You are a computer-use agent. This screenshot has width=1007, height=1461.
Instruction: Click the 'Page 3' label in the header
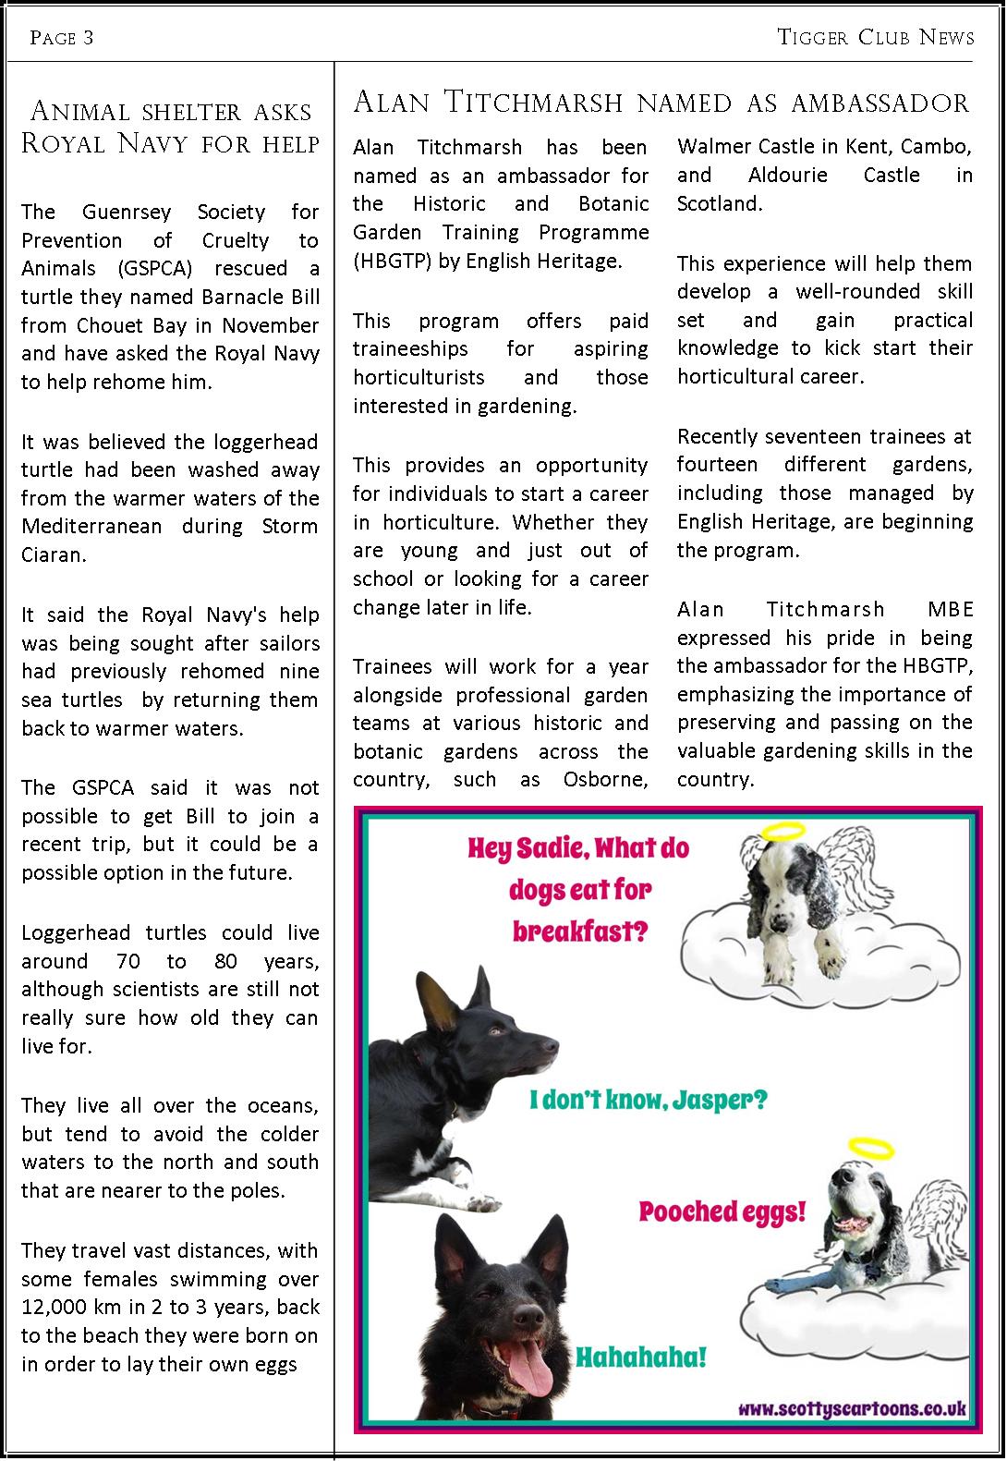coord(62,38)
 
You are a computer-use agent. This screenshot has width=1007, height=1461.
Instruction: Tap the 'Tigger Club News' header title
coord(875,37)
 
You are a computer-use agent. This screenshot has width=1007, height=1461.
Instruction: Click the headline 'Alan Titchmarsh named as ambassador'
coord(661,102)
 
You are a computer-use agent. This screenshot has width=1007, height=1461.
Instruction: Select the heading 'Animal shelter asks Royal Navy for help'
coord(170,128)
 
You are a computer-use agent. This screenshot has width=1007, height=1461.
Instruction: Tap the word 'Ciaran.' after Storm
coord(54,555)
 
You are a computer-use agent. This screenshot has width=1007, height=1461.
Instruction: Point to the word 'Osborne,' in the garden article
coord(605,780)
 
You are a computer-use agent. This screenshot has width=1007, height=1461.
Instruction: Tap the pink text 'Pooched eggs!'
coord(722,1211)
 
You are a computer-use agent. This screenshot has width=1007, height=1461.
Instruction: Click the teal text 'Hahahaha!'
coord(641,1358)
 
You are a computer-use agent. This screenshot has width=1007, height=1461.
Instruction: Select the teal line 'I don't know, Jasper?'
coord(648,1101)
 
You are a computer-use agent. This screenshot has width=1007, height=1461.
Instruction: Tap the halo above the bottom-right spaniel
coord(871,1149)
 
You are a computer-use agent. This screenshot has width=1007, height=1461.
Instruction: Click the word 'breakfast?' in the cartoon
coord(580,931)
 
